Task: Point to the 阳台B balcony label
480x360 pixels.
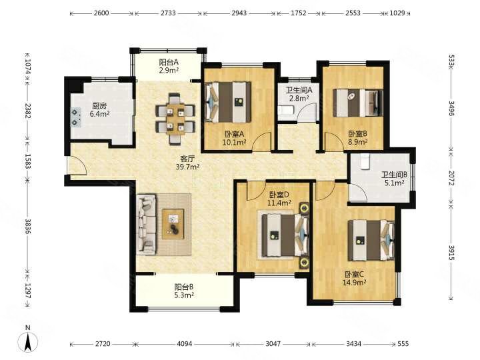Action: [x=185, y=287]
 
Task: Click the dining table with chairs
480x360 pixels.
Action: [x=175, y=117]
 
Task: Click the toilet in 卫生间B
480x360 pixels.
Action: [x=364, y=161]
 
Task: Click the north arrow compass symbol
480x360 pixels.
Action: [x=27, y=341]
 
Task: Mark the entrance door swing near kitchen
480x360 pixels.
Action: [x=75, y=165]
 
